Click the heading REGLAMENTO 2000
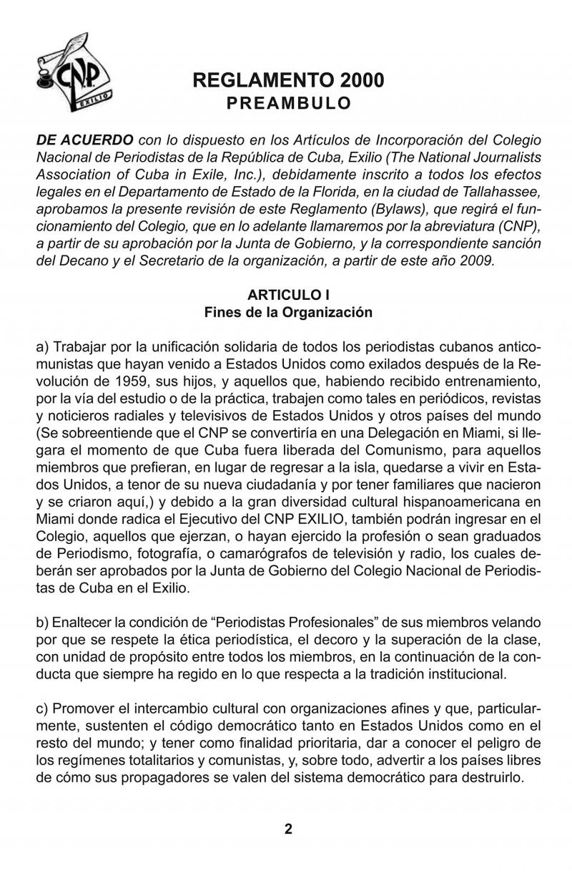pos(288,81)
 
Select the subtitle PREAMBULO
pos(288,103)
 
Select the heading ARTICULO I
pos(288,295)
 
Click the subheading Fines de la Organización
pos(288,312)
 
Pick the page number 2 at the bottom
pos(288,829)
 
